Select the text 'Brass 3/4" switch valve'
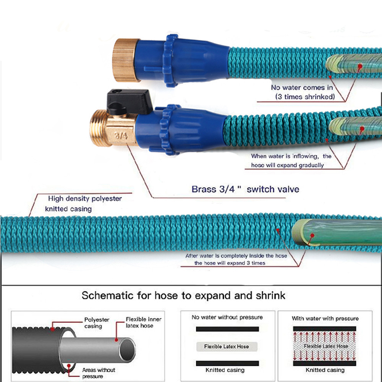coord(245,189)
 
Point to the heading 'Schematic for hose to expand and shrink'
coord(183,295)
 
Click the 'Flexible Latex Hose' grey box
coord(227,346)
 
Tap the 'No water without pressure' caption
coord(227,317)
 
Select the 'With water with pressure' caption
coord(325,318)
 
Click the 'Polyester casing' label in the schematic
coord(97,323)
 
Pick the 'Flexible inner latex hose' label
coord(144,322)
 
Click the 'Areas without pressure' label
coord(99,373)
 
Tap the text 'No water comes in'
coord(302,87)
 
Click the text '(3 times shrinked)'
coord(305,97)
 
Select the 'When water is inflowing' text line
coord(291,156)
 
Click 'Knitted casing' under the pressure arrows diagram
coord(325,370)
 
